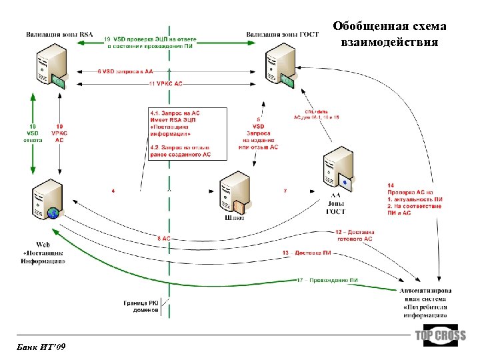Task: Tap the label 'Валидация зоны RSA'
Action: point(60,34)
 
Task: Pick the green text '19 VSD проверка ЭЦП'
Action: point(150,43)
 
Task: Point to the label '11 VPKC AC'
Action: point(165,84)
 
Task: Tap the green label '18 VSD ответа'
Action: point(31,133)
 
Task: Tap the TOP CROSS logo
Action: point(441,336)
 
